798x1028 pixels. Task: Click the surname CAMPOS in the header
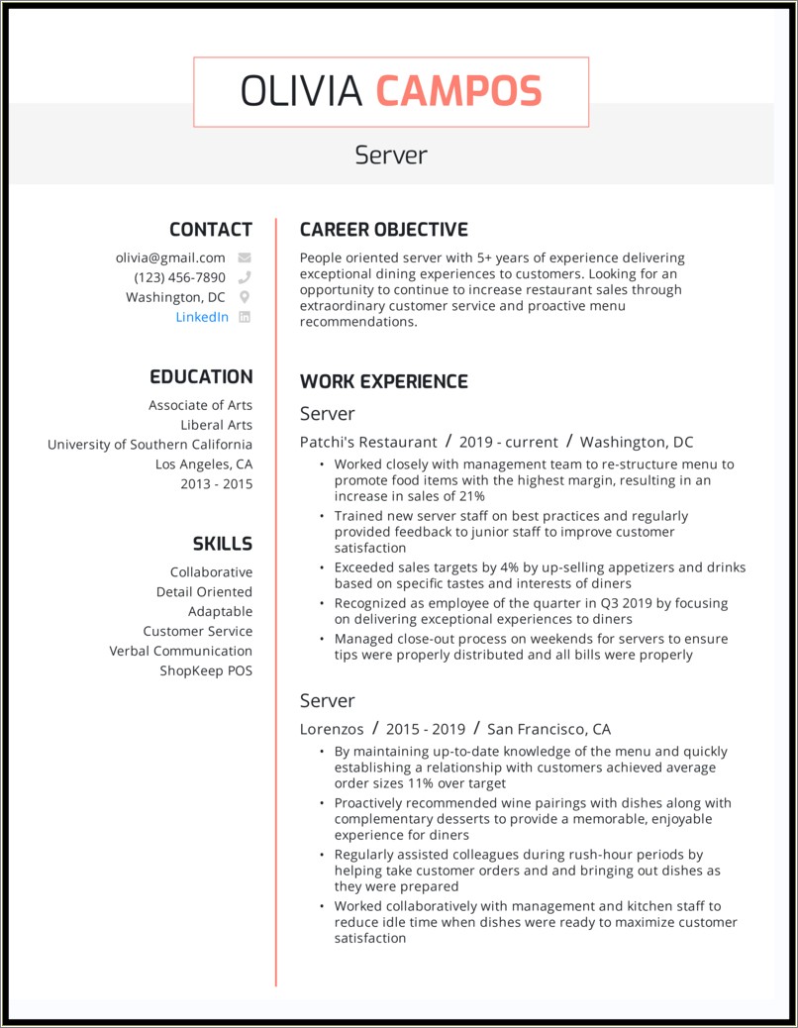click(458, 91)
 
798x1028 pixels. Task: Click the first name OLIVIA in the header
click(302, 91)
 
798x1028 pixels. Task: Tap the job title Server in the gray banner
click(391, 155)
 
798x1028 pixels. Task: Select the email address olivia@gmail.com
click(170, 257)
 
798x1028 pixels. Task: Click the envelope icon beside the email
click(245, 257)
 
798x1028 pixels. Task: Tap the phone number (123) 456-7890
click(179, 277)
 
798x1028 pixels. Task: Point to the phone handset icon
click(245, 277)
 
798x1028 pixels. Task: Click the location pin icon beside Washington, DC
click(245, 297)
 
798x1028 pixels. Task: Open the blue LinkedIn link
click(202, 317)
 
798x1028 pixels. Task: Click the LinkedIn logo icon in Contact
click(245, 317)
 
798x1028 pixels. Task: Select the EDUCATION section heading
click(201, 377)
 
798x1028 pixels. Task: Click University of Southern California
click(150, 445)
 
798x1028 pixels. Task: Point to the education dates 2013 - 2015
click(216, 484)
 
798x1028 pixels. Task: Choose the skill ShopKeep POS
click(206, 670)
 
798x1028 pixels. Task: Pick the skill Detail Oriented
click(204, 591)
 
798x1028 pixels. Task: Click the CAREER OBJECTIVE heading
click(383, 230)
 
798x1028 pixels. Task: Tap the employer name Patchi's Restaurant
click(368, 442)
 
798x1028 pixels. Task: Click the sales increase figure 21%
click(471, 495)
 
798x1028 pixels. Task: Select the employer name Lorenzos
click(332, 729)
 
